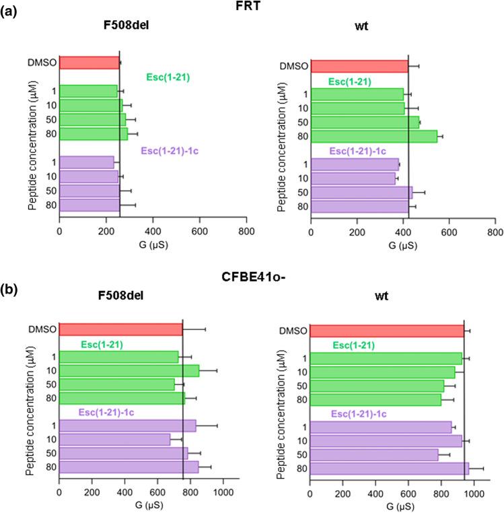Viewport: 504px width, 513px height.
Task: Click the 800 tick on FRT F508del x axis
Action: coord(246,231)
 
